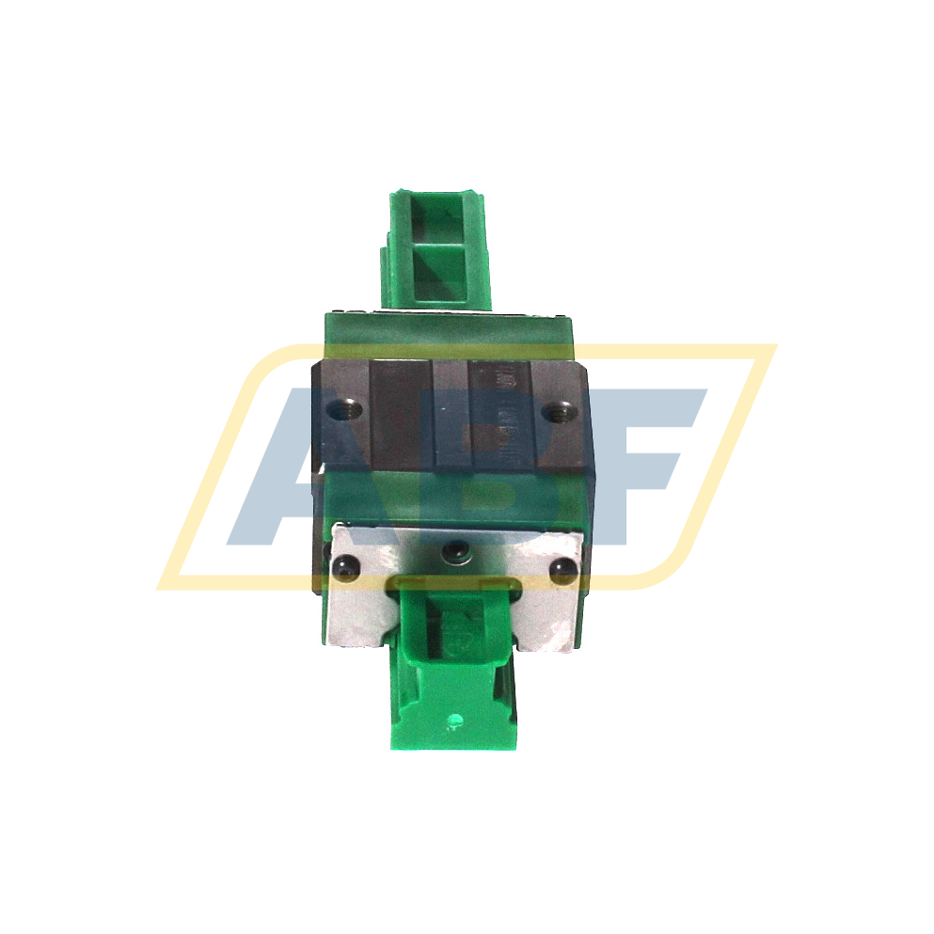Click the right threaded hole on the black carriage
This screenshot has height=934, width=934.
click(x=562, y=409)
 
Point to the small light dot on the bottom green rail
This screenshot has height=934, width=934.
click(x=456, y=722)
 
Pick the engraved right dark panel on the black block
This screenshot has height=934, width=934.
click(x=500, y=414)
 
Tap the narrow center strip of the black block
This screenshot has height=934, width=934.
click(x=450, y=414)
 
